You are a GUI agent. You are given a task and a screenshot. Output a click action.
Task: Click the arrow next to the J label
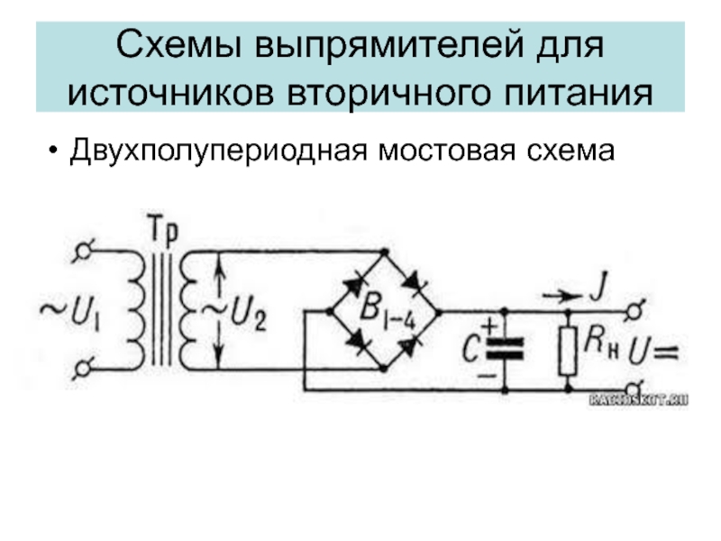coord(560,293)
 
